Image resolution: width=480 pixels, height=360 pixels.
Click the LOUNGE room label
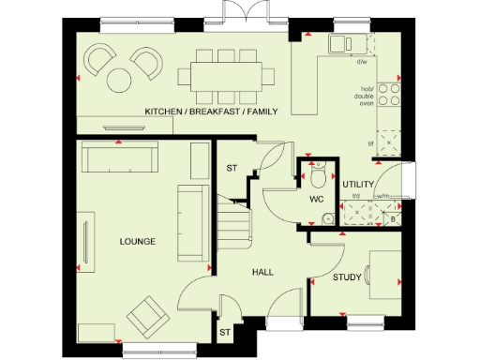(x=137, y=242)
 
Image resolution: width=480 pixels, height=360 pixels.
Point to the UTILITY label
(x=358, y=185)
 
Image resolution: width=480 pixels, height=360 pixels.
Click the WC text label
(x=316, y=199)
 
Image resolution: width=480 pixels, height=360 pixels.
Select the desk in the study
(x=385, y=272)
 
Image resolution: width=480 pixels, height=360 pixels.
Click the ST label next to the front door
(x=224, y=332)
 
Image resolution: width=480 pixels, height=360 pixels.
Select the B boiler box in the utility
(x=393, y=217)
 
